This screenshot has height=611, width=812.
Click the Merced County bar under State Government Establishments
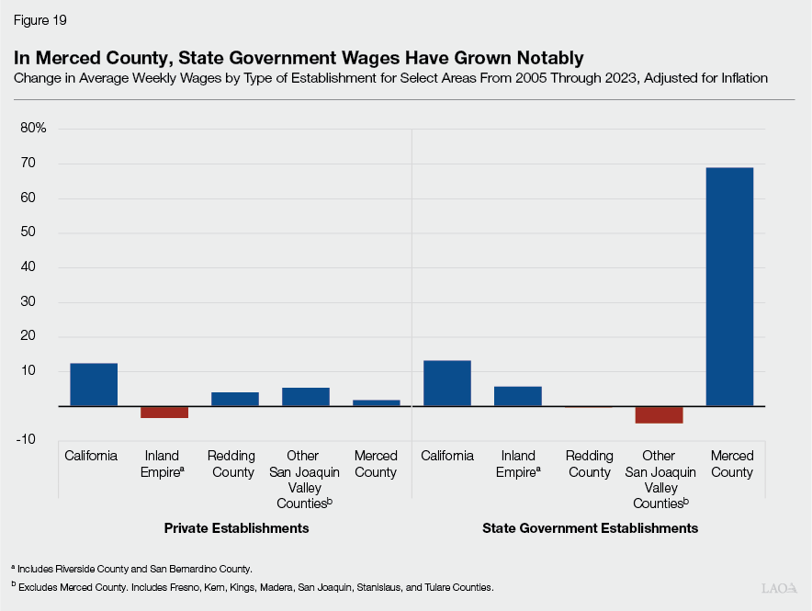tap(729, 287)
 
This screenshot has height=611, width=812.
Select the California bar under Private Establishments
tap(94, 384)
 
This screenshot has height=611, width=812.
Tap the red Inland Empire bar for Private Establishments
tap(164, 412)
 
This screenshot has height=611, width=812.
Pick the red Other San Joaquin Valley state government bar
tap(659, 414)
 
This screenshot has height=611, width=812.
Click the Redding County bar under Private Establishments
tap(235, 399)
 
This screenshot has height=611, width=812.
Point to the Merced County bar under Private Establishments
tap(376, 402)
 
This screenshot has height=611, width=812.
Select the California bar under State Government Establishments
tap(447, 383)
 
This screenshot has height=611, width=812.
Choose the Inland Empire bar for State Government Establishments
tap(518, 396)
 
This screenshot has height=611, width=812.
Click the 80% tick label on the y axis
tap(33, 129)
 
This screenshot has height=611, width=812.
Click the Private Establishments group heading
tap(236, 528)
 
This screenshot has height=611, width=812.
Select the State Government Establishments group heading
tap(590, 528)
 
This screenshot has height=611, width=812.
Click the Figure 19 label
tap(40, 19)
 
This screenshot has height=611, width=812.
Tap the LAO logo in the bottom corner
tap(779, 587)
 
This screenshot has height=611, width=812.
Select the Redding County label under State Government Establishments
tap(589, 464)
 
